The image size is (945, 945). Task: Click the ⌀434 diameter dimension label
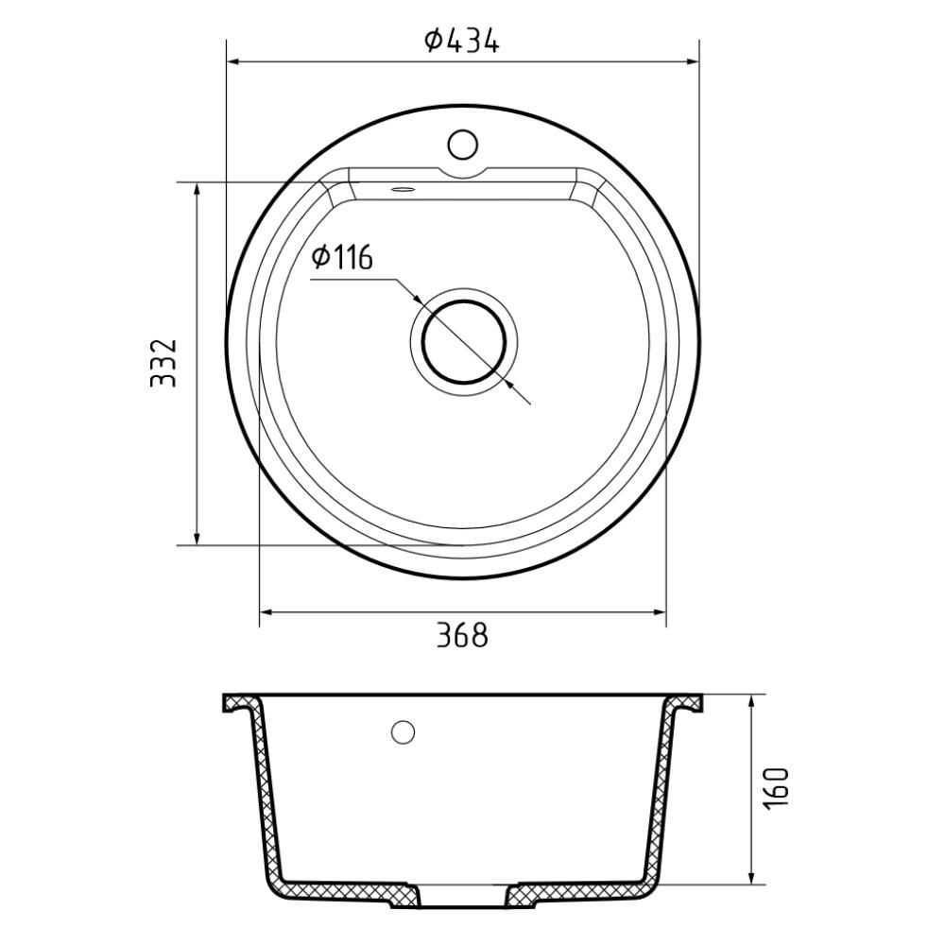click(462, 41)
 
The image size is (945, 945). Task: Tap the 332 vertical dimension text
click(163, 363)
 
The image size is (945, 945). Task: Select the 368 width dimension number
click(462, 635)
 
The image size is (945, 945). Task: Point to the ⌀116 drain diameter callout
click(342, 258)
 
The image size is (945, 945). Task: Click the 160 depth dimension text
click(776, 789)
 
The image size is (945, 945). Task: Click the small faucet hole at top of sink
click(463, 145)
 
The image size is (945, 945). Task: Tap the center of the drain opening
click(463, 342)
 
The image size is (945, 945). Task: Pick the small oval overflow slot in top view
click(402, 190)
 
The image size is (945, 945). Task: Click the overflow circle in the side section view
click(403, 732)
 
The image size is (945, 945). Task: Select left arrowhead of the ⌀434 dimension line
click(233, 61)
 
